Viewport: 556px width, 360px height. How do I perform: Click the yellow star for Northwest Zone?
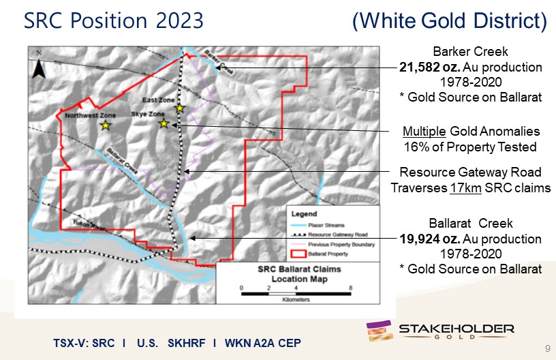pyautogui.click(x=106, y=125)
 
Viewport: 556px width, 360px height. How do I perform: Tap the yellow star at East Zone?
pyautogui.click(x=180, y=108)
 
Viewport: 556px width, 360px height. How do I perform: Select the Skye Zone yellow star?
pyautogui.click(x=164, y=123)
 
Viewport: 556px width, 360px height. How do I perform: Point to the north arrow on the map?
pyautogui.click(x=39, y=68)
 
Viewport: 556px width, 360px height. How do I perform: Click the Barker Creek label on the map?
pyautogui.click(x=219, y=63)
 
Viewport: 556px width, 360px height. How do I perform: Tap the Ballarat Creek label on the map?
pyautogui.click(x=123, y=161)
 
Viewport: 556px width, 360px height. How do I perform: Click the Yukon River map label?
pyautogui.click(x=89, y=225)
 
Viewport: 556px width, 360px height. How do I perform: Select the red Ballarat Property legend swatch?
pyautogui.click(x=298, y=254)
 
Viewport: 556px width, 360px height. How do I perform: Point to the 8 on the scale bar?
pyautogui.click(x=350, y=288)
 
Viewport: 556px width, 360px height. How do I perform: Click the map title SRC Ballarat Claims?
pyautogui.click(x=299, y=269)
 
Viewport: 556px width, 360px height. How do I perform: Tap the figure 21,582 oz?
pyautogui.click(x=430, y=67)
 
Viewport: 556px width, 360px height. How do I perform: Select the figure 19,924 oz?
pyautogui.click(x=430, y=239)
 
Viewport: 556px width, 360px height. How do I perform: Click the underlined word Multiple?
pyautogui.click(x=424, y=132)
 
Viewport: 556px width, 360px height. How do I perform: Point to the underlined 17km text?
pyautogui.click(x=465, y=187)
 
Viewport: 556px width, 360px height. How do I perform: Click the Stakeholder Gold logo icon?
pyautogui.click(x=380, y=331)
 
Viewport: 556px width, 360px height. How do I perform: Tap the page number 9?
pyautogui.click(x=548, y=348)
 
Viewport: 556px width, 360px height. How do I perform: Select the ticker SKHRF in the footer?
pyautogui.click(x=187, y=343)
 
